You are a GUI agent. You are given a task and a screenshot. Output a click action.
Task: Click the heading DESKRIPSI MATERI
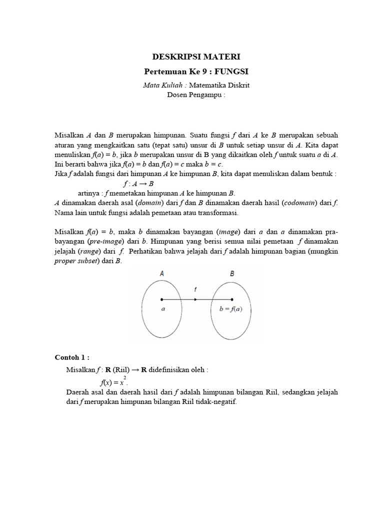pos(192,57)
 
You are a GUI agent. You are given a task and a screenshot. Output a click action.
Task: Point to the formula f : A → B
pos(142,183)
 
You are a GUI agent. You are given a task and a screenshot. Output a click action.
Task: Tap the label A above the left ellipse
pos(161,273)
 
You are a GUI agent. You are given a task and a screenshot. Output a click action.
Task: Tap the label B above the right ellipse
pos(231,273)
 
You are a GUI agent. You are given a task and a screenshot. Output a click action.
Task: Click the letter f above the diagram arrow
pos(196,289)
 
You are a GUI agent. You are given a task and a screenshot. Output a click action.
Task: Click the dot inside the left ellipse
pos(161,300)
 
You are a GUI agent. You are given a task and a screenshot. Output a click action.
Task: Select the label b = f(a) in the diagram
pos(231,309)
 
